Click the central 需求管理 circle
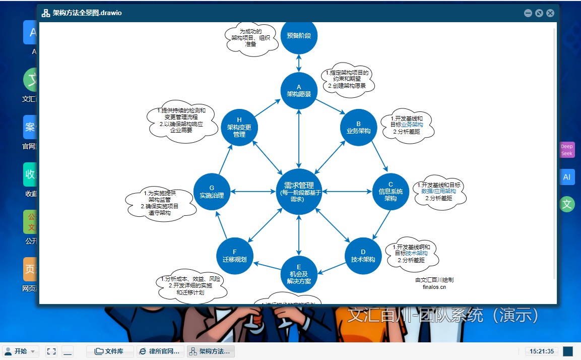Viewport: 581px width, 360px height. (299, 192)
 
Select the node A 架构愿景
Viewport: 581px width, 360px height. (299, 91)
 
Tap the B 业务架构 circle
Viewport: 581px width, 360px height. (358, 128)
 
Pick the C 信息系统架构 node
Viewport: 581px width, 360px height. (391, 192)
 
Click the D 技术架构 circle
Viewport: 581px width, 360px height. (363, 256)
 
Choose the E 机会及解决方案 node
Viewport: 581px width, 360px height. (299, 274)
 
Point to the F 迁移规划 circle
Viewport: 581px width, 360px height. (235, 256)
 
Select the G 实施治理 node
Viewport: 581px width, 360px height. (212, 192)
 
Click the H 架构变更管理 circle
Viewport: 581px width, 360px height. (239, 128)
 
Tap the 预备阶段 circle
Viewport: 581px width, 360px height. (299, 36)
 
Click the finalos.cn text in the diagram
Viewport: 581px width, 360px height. (434, 287)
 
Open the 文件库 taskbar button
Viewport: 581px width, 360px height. (110, 351)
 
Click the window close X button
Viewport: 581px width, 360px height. (550, 13)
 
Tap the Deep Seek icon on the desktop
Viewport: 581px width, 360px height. (567, 150)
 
